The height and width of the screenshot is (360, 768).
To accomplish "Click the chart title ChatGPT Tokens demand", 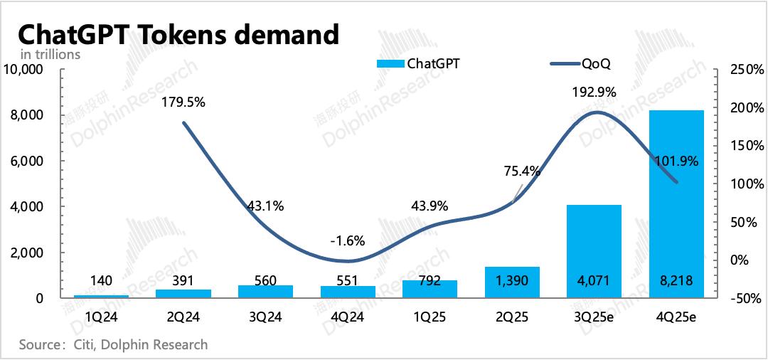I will click(x=177, y=33).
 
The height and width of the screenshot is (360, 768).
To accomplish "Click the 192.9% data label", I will click(x=594, y=92).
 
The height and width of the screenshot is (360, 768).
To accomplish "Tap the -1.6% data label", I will click(x=347, y=240).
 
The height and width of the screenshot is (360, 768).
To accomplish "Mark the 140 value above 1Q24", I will click(x=102, y=281).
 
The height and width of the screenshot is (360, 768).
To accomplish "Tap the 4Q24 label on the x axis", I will click(x=347, y=317).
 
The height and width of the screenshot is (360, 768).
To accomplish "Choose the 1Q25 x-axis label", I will click(x=429, y=317).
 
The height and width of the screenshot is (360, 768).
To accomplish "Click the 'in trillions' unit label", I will click(x=50, y=54).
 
